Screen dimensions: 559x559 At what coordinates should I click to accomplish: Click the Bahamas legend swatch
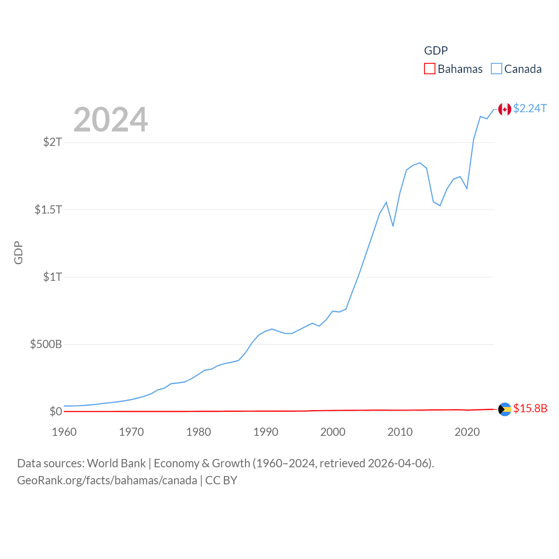point(430,69)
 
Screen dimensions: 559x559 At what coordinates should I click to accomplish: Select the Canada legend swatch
point(497,69)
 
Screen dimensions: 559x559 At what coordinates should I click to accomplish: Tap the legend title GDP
point(436,51)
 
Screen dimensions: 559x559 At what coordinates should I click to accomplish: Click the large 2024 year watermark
point(110,120)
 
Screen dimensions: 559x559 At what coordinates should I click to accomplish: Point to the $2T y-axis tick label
point(52,142)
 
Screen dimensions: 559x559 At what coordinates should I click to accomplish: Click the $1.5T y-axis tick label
point(48,210)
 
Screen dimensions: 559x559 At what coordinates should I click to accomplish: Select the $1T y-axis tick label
point(52,277)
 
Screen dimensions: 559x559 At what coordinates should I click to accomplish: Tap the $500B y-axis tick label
point(46,344)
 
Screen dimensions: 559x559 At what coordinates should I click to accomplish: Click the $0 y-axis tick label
point(55,411)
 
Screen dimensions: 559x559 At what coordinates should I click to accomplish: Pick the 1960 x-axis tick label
point(64,432)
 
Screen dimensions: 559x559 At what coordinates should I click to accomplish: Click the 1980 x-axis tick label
point(199,432)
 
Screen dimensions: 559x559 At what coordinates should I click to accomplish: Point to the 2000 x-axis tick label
point(333,432)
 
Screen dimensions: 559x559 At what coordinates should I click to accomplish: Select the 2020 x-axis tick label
point(467,432)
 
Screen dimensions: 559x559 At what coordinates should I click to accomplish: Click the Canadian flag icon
point(505,109)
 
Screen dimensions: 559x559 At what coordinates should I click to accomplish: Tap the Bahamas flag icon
point(505,409)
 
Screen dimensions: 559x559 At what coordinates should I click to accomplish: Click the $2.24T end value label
point(530,108)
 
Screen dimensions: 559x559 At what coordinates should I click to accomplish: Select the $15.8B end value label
point(530,408)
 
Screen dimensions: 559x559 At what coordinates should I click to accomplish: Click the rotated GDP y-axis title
point(18,252)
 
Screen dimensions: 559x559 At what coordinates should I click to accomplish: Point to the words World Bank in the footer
point(116,463)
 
